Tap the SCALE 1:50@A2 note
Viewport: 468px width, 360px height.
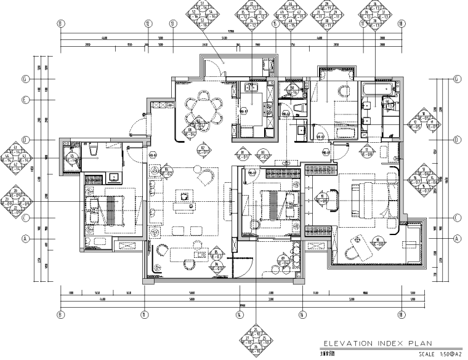pyautogui.click(x=440, y=354)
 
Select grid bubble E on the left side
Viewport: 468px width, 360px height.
pyautogui.click(x=26, y=100)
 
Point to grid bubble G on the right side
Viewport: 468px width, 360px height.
pyautogui.click(x=457, y=79)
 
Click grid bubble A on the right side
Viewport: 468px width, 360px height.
pyautogui.click(x=457, y=239)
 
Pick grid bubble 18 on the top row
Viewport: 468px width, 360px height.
pyautogui.click(x=401, y=24)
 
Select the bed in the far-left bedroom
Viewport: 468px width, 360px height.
pyautogui.click(x=107, y=209)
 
